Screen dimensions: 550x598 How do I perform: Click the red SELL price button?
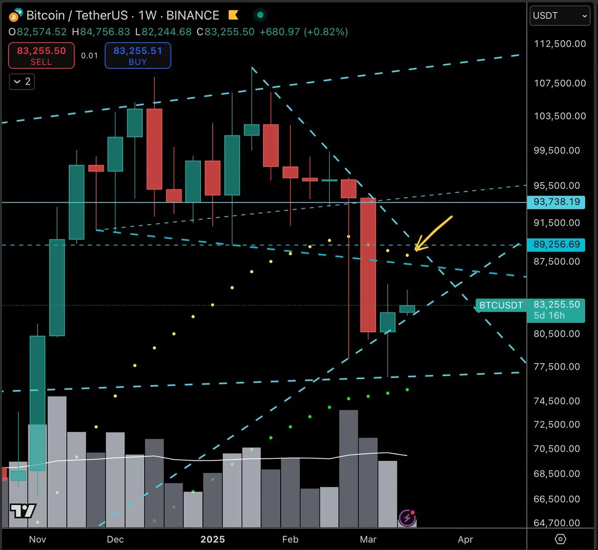click(41, 55)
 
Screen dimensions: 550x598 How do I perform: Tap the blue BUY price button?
click(138, 55)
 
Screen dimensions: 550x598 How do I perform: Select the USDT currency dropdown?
click(560, 15)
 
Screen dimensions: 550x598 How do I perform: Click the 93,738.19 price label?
click(556, 202)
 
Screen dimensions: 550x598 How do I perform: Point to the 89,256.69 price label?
click(556, 245)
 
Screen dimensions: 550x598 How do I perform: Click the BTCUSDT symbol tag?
click(501, 305)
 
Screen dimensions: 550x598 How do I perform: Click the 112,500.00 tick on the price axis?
click(560, 44)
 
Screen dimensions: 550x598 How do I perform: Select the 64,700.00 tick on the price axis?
click(557, 523)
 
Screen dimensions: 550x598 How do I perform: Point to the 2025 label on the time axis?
click(213, 539)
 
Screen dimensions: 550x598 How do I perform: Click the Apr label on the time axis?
click(465, 539)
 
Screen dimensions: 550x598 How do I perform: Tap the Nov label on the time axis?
click(38, 539)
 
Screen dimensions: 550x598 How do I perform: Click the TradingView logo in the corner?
click(23, 511)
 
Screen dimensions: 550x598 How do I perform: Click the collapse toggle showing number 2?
click(22, 81)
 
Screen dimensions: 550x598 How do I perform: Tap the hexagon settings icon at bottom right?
click(560, 539)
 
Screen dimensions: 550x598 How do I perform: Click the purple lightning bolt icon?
click(407, 518)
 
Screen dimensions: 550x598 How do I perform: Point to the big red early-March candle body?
click(368, 265)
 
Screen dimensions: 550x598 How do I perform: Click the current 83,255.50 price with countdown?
click(556, 309)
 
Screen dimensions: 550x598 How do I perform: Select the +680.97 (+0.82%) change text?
click(303, 32)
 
